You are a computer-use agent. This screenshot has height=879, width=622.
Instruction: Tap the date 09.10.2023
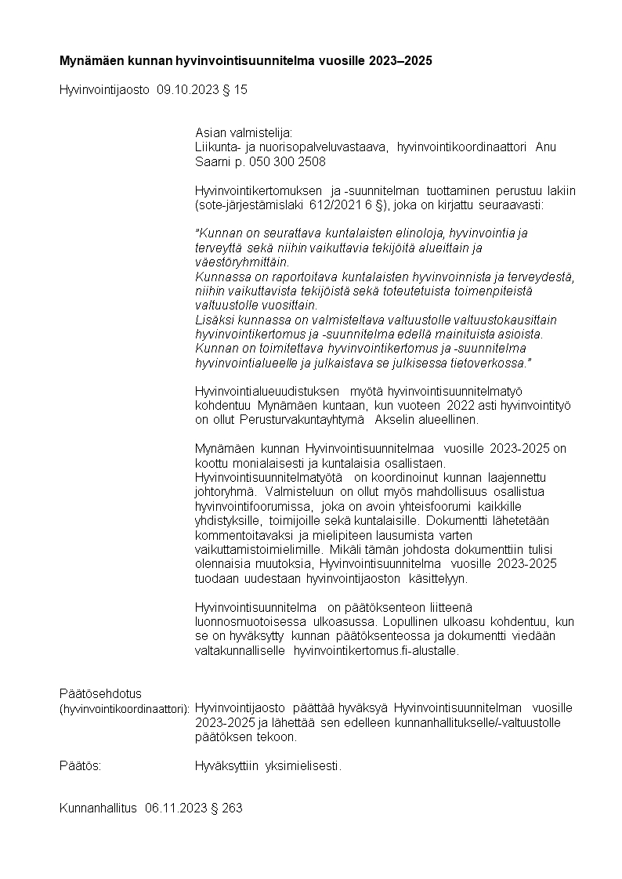tap(185, 90)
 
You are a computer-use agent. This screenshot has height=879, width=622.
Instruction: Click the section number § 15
tap(235, 90)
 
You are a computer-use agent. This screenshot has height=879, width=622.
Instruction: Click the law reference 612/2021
tap(297, 205)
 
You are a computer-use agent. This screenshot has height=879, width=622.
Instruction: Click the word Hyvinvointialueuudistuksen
tap(267, 391)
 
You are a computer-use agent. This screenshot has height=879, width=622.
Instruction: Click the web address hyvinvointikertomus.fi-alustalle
tap(375, 650)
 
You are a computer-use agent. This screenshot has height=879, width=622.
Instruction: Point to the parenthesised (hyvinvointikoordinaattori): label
tap(125, 708)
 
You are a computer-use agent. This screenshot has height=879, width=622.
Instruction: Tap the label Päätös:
tap(80, 765)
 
